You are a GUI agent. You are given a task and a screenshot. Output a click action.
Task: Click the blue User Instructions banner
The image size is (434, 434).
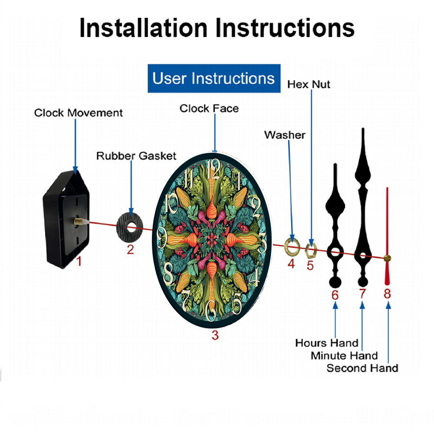[214, 78]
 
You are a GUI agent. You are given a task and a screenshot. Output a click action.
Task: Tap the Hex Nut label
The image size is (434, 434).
[309, 85]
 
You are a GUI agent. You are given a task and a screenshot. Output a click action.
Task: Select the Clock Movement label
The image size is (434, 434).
[78, 113]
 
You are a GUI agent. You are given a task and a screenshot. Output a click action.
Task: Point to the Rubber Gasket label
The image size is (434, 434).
[136, 156]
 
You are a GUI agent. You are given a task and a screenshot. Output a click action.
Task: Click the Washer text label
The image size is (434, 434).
[285, 135]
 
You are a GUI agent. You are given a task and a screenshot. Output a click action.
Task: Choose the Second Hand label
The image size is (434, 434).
[362, 368]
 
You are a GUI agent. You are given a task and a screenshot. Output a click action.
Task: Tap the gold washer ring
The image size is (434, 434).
[292, 247]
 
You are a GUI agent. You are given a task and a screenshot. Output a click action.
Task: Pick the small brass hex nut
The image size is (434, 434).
[311, 250]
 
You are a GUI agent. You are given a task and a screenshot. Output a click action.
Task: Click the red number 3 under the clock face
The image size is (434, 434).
[215, 335]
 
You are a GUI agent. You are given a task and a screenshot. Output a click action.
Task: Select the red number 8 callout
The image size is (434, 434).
[387, 294]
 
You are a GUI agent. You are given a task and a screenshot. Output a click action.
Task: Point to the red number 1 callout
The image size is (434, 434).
[79, 261]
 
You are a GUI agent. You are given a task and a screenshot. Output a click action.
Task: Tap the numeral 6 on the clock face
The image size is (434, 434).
[211, 311]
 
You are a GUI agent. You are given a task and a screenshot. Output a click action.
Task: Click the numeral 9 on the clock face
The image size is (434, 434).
[162, 237]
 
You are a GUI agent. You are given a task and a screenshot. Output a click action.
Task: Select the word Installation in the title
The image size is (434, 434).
[143, 28]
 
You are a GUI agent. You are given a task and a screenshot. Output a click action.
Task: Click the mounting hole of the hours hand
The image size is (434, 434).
[335, 252]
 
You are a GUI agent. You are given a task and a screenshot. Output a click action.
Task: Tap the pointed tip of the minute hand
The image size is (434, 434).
[363, 128]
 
